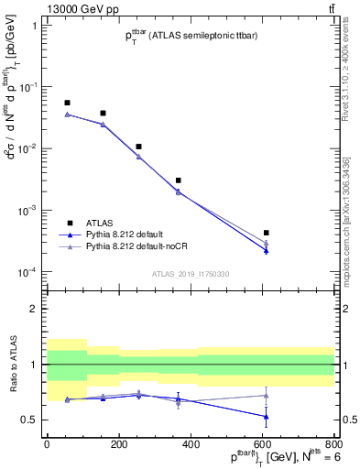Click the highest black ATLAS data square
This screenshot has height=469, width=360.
coord(67,103)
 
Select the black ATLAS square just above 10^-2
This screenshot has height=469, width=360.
coord(138,147)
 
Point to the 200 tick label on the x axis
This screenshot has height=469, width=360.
coord(118,443)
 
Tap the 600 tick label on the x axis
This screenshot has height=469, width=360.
coord(262,443)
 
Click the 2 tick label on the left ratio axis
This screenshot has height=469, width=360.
coord(33,309)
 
